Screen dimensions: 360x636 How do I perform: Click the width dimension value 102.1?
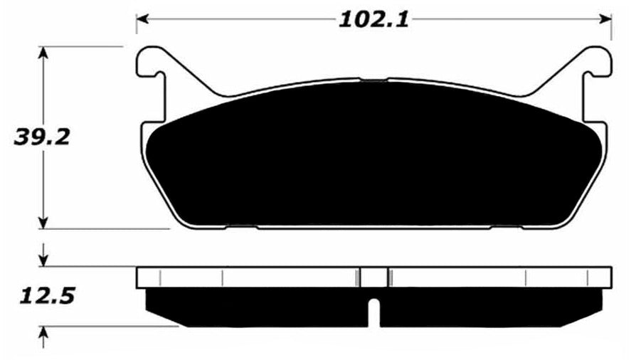[x=373, y=19]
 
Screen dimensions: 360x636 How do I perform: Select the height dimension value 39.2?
[x=42, y=137]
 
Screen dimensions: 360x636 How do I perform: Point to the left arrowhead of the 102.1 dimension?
[x=142, y=19]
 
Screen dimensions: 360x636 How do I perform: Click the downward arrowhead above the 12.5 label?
[x=45, y=259]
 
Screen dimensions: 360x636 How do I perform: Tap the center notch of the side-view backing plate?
[x=373, y=277]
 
